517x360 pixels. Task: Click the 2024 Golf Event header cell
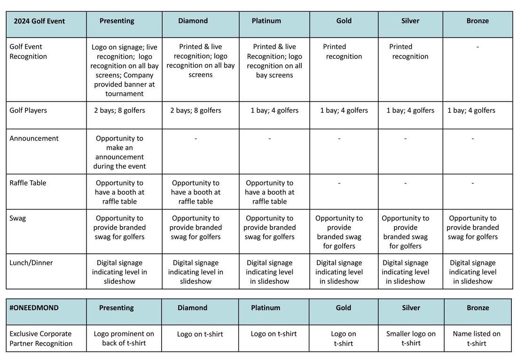(x=39, y=21)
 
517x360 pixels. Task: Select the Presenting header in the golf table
(x=117, y=21)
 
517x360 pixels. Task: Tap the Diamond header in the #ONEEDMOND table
(x=192, y=308)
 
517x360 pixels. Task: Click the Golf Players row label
(x=28, y=110)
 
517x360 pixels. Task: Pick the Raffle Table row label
(x=28, y=183)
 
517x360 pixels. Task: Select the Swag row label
(x=17, y=218)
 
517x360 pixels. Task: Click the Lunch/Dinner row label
(x=31, y=263)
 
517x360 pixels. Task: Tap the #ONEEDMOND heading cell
(x=34, y=308)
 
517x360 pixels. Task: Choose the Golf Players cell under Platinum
(x=274, y=110)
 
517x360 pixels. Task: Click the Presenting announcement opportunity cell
(x=119, y=152)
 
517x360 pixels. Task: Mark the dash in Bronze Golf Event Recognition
(x=478, y=47)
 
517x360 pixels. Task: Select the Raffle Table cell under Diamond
(x=196, y=192)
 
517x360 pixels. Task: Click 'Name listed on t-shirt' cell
(x=477, y=338)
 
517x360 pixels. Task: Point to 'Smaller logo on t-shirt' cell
(x=411, y=338)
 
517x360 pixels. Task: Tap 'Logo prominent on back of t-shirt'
(x=124, y=338)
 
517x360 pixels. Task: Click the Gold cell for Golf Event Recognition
(x=344, y=52)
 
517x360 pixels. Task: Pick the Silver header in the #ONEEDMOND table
(x=411, y=308)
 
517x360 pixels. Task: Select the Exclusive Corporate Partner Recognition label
(x=41, y=338)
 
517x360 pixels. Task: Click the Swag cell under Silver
(x=405, y=232)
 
